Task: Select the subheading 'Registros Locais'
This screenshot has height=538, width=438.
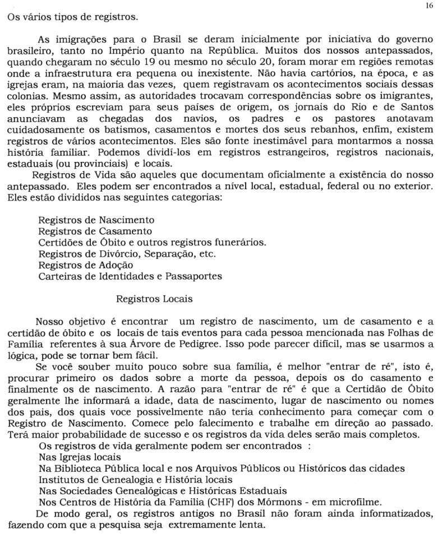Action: (154, 299)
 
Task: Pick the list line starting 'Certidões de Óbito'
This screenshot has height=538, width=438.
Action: (152, 242)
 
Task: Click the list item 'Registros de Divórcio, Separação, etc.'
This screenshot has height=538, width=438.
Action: (128, 253)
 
